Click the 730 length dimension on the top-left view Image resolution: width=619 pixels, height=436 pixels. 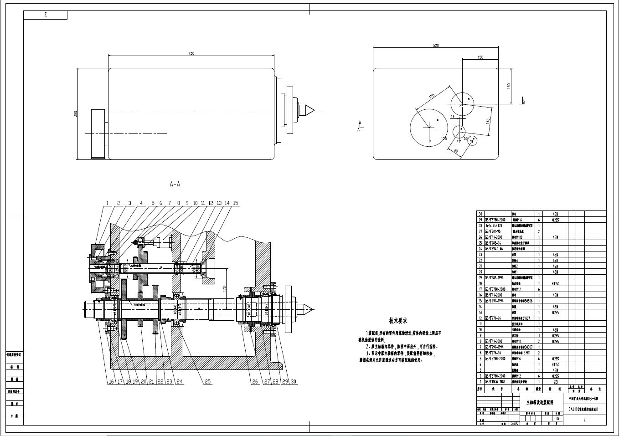coord(191,53)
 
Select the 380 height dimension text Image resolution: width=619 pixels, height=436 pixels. coord(76,113)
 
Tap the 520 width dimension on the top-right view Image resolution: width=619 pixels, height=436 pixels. coord(436,46)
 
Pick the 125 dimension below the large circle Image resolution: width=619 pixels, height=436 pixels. coord(444,138)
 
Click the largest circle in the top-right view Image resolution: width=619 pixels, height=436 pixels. coord(429,128)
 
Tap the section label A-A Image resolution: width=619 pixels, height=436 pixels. coord(175,185)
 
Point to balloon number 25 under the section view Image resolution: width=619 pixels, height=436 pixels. coord(208,382)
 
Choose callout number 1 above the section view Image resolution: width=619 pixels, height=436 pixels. coord(108,203)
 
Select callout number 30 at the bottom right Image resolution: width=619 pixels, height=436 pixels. coord(293,382)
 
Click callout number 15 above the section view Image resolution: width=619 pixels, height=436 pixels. coord(235,203)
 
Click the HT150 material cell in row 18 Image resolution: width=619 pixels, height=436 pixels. coord(555,283)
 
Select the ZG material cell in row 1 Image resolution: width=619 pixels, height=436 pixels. coord(555,382)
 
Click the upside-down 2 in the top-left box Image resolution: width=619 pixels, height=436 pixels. coord(46,15)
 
